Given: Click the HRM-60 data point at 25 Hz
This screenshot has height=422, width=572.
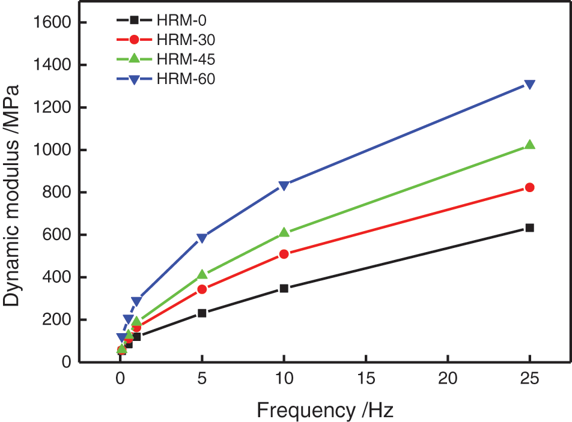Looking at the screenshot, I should (529, 85).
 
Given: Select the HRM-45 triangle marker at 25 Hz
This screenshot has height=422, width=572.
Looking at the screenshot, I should (529, 145).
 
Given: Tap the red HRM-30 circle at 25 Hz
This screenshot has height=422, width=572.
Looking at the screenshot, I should (529, 187).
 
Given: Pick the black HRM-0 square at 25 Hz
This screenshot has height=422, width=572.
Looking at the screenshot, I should (529, 228).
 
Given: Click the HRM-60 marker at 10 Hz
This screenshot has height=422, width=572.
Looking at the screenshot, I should (284, 185).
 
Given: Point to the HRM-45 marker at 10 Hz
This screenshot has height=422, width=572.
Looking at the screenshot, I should (284, 232).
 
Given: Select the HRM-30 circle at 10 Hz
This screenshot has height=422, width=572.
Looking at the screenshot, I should (284, 254).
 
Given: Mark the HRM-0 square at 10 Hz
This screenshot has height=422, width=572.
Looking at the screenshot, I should (284, 289).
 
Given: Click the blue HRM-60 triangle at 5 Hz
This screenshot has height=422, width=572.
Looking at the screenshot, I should (202, 238).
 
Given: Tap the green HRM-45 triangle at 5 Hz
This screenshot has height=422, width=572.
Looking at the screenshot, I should (202, 274).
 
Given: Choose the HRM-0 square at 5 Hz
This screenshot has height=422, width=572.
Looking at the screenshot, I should (202, 313).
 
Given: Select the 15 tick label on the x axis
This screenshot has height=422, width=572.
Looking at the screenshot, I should (366, 380).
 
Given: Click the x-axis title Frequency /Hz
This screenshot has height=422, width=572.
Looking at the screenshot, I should (325, 411).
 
